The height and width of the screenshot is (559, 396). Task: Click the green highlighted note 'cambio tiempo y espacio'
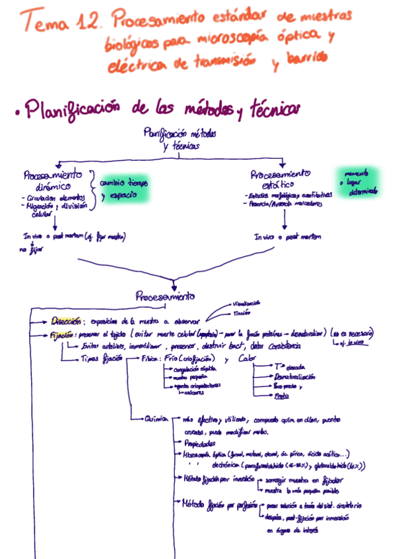click(x=123, y=189)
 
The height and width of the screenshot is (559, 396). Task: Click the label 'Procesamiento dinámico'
click(x=52, y=181)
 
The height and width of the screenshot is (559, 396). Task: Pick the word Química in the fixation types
click(x=157, y=419)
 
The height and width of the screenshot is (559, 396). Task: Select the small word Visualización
click(x=246, y=303)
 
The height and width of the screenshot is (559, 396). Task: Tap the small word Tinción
click(x=242, y=313)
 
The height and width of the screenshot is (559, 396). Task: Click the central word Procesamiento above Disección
click(x=166, y=296)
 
